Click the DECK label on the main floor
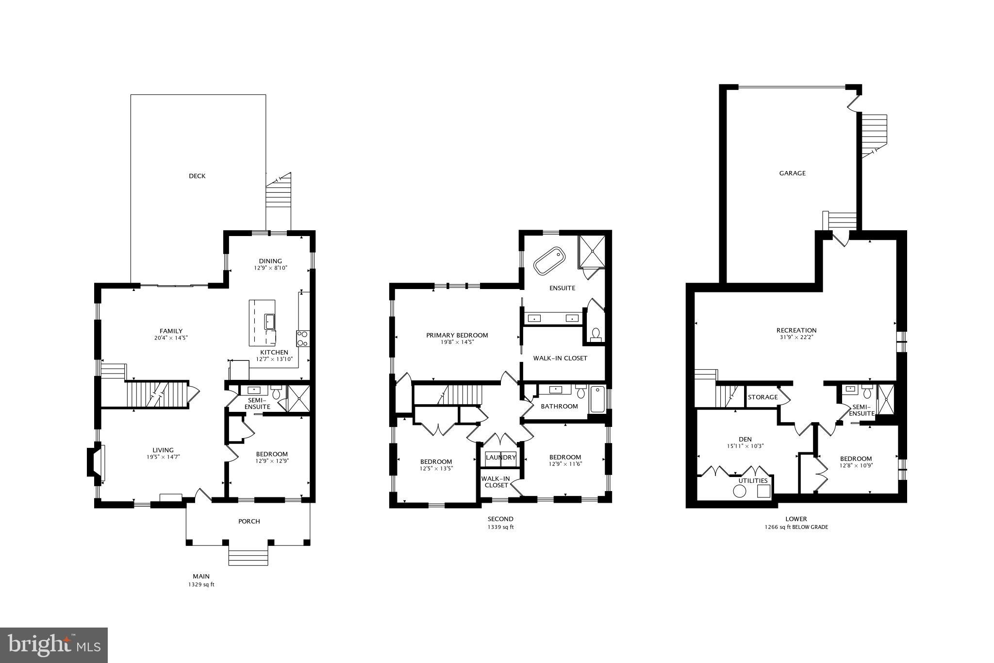(x=197, y=176)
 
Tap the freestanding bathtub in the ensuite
(x=549, y=261)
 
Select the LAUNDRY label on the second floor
(x=500, y=458)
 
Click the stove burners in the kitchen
(x=302, y=338)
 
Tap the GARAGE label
(x=792, y=173)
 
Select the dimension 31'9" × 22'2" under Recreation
(x=796, y=337)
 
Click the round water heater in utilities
(x=739, y=491)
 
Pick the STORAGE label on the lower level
(x=762, y=397)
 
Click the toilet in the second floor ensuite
(x=596, y=334)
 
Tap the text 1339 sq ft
(x=500, y=527)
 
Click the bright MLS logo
(x=54, y=645)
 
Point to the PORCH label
(x=249, y=521)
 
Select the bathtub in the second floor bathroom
(x=598, y=399)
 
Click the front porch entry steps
(x=248, y=557)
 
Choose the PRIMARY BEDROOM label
(x=457, y=335)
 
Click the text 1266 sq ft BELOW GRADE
(x=796, y=527)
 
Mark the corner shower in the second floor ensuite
(x=592, y=251)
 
